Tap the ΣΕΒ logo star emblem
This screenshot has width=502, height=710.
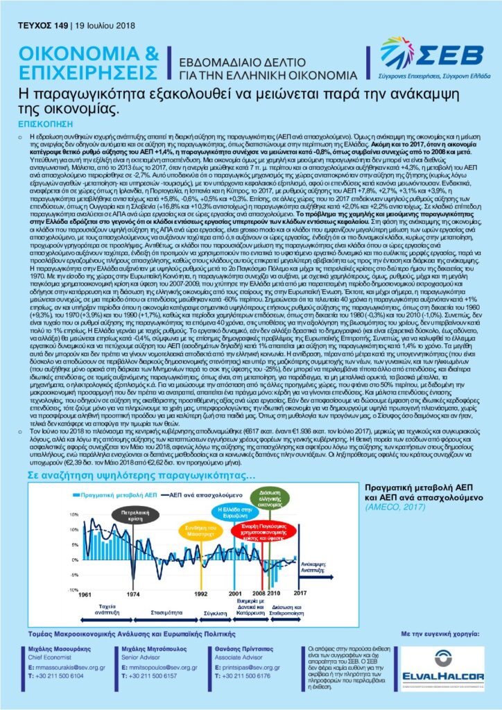coord(397,52)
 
